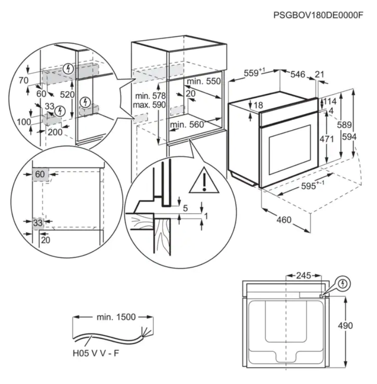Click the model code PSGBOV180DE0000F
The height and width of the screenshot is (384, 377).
pos(318,15)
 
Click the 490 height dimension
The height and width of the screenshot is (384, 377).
pos(345,326)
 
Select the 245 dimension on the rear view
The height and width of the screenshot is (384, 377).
pos(303,275)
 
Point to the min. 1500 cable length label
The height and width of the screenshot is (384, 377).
pos(116,317)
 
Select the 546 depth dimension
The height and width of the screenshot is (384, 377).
pos(297,74)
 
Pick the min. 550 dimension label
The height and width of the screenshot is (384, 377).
pos(204,81)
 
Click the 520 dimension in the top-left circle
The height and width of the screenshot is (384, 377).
pos(68,94)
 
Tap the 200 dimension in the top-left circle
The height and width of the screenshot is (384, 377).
pos(55,131)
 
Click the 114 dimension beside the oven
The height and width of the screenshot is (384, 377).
pos(330,101)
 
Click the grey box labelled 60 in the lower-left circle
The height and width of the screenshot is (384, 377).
pos(40,174)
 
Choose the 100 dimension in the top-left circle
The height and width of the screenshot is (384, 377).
pos(24,122)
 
